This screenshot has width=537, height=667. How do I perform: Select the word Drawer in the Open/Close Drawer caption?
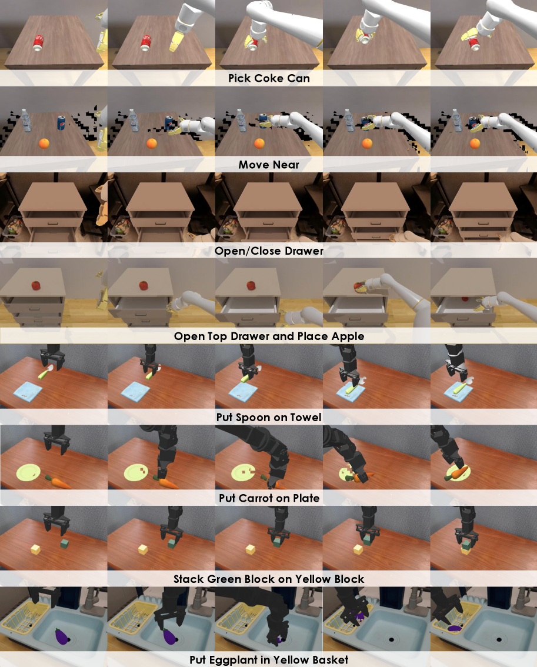(x=305, y=251)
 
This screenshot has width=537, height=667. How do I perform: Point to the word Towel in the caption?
(x=306, y=417)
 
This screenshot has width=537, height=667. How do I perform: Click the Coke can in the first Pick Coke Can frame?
(x=38, y=43)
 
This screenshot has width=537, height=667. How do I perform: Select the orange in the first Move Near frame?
(x=44, y=144)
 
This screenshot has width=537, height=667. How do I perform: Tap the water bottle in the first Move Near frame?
(x=26, y=121)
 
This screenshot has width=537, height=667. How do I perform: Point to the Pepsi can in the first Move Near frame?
(x=61, y=122)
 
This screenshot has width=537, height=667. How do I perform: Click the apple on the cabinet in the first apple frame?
(x=36, y=285)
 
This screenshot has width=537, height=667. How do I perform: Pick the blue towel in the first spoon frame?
(x=28, y=391)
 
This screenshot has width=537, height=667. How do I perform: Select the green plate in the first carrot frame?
(x=28, y=472)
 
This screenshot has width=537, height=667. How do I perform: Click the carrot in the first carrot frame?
(x=58, y=482)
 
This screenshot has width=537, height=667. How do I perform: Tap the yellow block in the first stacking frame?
(x=36, y=549)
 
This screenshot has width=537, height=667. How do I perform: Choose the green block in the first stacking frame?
(x=64, y=543)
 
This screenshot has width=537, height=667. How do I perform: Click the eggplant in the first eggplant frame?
(x=62, y=636)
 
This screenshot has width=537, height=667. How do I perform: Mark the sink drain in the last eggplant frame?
(x=499, y=639)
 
